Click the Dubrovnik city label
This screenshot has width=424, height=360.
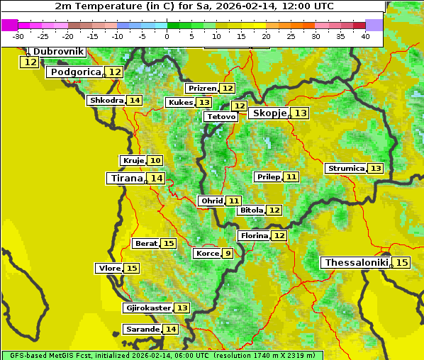pos(58,52)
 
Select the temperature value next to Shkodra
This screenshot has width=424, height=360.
pos(135,101)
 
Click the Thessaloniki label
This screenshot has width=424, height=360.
pos(356,263)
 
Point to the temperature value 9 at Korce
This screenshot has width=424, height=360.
pos(228,254)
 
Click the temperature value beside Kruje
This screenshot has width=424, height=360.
pos(155,161)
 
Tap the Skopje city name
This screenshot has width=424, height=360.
pos(269,113)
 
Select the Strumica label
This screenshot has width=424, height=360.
pos(346,169)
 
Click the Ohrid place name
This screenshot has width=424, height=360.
pos(211,201)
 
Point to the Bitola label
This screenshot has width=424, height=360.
pos(251,210)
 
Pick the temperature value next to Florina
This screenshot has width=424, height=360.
pos(279,235)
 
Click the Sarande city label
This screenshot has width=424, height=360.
pos(142,330)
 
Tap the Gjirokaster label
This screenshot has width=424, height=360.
pos(147,308)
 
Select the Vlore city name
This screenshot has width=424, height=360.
pos(108,269)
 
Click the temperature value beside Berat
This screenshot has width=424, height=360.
pos(168,244)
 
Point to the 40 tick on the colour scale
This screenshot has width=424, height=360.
pos(365,36)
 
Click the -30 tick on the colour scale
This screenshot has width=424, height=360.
pos(18,36)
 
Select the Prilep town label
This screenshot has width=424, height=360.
pos(269,176)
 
